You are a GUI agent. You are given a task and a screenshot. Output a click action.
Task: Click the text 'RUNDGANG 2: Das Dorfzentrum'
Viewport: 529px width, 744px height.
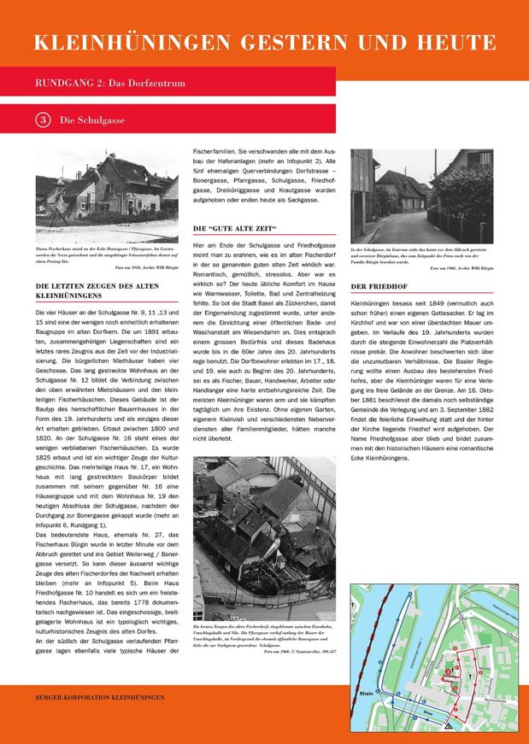pyautogui.click(x=110, y=84)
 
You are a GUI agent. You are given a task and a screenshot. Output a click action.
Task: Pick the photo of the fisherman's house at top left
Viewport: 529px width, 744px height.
pyautogui.click(x=107, y=186)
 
